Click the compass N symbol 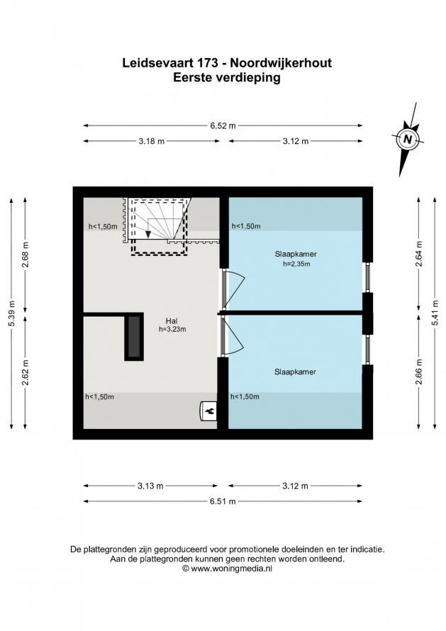[408, 139]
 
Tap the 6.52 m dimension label [223, 125]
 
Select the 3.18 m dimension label [152, 141]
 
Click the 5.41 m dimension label [435, 313]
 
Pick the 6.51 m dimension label [223, 501]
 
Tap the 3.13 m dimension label [150, 486]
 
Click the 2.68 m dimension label [26, 255]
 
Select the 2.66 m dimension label [419, 372]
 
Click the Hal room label [172, 321]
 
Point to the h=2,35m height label [296, 264]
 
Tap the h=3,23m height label [172, 329]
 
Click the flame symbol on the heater [210, 411]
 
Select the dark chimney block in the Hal [134, 337]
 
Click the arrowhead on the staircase [148, 234]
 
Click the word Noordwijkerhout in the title [280, 63]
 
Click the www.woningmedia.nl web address [231, 569]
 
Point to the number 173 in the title [208, 63]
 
